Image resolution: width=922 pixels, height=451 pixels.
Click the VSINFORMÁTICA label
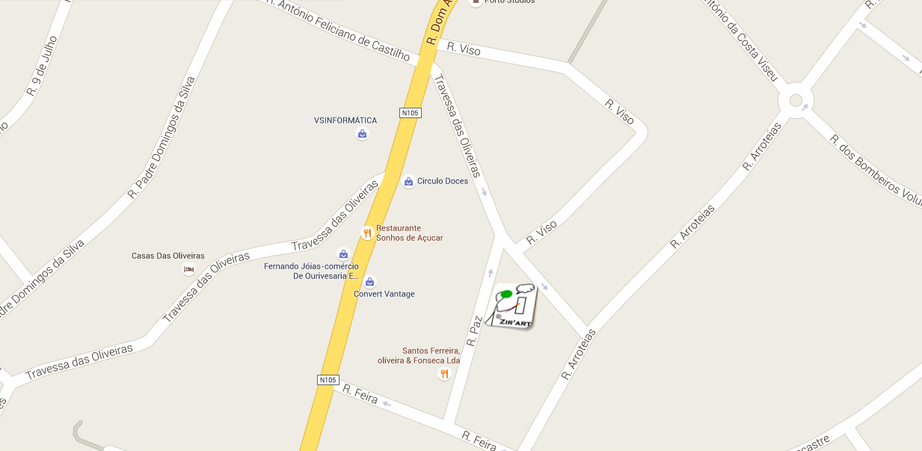[345, 120]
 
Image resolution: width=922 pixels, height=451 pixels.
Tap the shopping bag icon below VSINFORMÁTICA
[362, 134]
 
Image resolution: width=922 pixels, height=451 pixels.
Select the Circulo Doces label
[443, 181]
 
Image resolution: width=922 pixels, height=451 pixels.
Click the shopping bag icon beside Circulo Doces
[408, 181]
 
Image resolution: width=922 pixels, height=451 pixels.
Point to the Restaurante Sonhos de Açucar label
[409, 233]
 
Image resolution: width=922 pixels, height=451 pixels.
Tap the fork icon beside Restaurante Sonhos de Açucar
[367, 233]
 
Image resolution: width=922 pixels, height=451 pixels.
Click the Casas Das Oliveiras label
[168, 256]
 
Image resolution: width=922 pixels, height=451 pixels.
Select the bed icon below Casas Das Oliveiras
[188, 269]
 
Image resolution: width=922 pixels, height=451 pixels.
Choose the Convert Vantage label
[384, 294]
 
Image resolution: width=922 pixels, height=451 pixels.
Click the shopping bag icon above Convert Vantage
[369, 281]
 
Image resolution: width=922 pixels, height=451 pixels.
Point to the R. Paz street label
[474, 330]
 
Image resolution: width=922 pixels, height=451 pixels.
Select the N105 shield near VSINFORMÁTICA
[411, 113]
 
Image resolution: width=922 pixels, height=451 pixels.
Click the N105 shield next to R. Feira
[328, 380]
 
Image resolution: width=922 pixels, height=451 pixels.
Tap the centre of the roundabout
[795, 99]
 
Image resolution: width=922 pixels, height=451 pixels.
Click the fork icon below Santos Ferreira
[444, 374]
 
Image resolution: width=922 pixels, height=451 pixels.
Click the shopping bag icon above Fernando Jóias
[343, 254]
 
